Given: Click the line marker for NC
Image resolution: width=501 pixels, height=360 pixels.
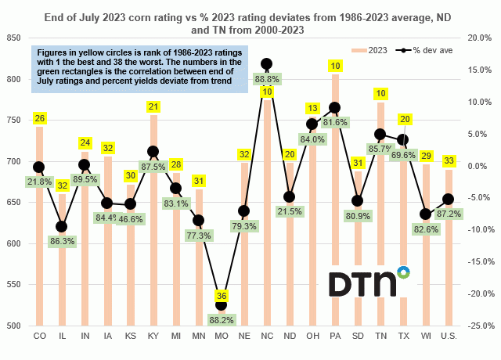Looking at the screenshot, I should [x=266, y=63].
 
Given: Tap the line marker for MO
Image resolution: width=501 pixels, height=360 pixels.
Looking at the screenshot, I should [x=221, y=304].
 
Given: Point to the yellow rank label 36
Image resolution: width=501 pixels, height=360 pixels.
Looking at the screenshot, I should [x=221, y=296].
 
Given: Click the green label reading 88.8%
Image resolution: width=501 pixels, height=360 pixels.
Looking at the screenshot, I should [x=267, y=78].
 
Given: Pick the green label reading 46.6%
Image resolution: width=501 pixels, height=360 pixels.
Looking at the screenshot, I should [x=131, y=220].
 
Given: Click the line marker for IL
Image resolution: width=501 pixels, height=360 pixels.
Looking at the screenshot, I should [x=62, y=227].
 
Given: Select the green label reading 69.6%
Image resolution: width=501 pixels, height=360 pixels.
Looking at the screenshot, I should [x=402, y=155].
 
